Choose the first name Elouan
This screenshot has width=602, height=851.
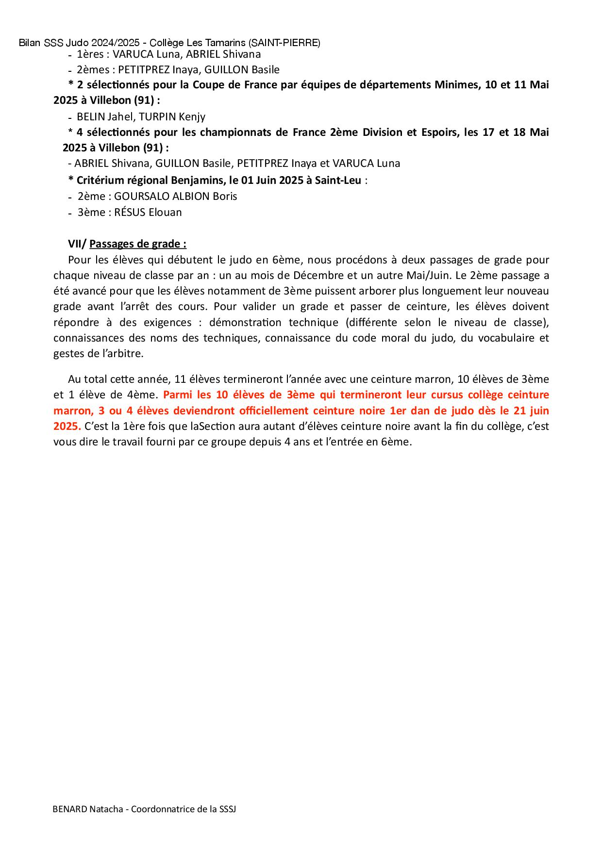[165, 213]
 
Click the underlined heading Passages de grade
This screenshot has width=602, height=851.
[138, 244]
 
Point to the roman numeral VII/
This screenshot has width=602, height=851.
[77, 244]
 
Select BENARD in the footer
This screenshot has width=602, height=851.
[69, 809]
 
